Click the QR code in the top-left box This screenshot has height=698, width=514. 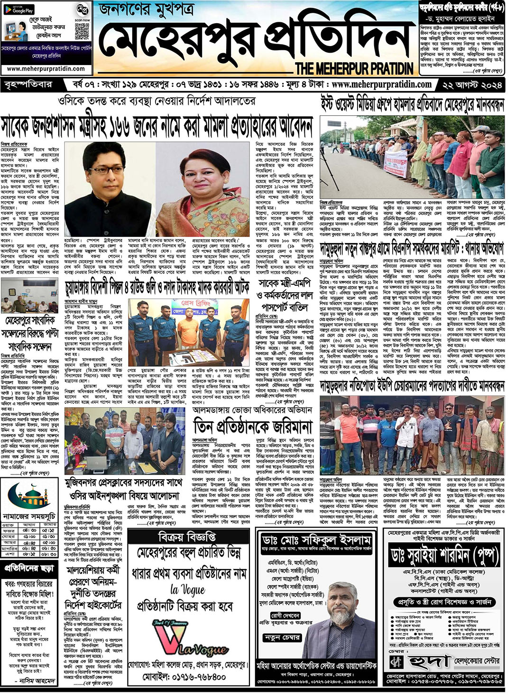point(82,31)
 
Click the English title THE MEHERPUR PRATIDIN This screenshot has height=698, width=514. point(354,69)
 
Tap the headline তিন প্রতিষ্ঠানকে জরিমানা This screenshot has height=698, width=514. point(253,428)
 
